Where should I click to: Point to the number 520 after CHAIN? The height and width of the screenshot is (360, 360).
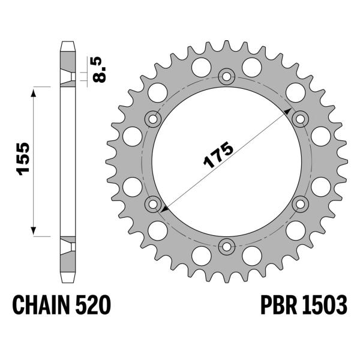(93, 306)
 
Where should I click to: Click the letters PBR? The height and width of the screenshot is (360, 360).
(279, 306)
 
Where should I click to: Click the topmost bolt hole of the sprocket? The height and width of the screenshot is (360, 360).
(226, 76)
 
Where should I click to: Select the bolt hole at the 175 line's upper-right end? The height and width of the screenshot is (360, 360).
(299, 118)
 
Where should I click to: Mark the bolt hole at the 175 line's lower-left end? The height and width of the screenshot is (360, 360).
(153, 203)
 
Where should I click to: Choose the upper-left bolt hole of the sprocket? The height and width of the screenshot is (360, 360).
(153, 119)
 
